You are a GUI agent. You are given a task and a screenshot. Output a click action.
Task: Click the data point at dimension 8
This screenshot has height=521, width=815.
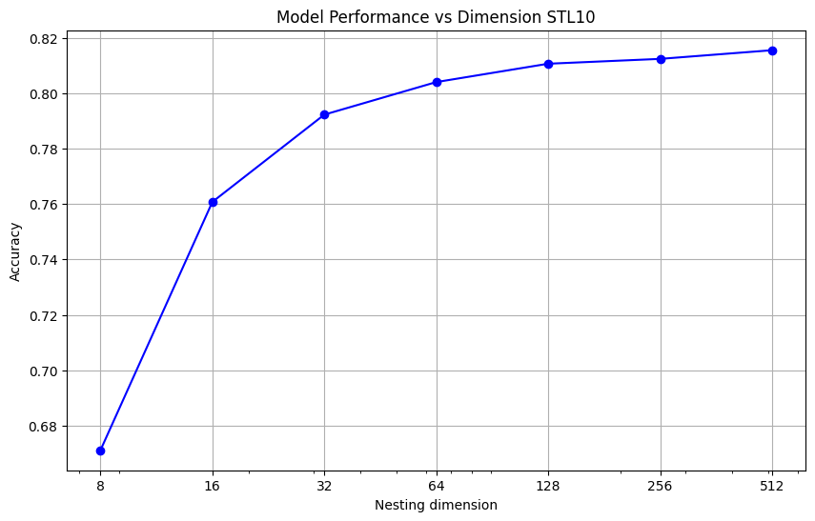pyautogui.click(x=100, y=451)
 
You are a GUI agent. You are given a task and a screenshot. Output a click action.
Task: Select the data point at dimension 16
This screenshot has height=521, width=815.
pyautogui.click(x=213, y=202)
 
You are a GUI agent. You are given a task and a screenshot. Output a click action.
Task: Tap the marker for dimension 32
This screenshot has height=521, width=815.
pyautogui.click(x=324, y=114)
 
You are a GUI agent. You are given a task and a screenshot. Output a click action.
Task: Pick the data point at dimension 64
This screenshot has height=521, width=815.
pyautogui.click(x=437, y=82)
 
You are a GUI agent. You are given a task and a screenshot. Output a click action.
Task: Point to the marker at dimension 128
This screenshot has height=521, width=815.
pyautogui.click(x=548, y=64)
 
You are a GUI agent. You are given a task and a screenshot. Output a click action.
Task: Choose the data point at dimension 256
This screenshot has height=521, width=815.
pyautogui.click(x=661, y=59)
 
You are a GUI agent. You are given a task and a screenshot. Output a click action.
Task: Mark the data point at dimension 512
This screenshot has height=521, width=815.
pyautogui.click(x=772, y=50)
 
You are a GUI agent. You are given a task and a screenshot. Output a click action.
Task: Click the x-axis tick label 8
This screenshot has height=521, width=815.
pyautogui.click(x=100, y=485)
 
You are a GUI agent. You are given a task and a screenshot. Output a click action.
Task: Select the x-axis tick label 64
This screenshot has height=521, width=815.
pyautogui.click(x=437, y=485)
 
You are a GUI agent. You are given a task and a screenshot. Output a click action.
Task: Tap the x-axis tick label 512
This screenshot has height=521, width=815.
pyautogui.click(x=772, y=485)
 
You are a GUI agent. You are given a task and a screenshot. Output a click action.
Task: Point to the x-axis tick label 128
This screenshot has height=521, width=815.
pyautogui.click(x=548, y=485)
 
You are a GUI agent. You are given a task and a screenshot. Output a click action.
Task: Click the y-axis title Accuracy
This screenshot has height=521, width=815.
pyautogui.click(x=14, y=252)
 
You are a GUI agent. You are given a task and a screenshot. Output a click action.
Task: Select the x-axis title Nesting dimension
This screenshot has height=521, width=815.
pyautogui.click(x=436, y=505)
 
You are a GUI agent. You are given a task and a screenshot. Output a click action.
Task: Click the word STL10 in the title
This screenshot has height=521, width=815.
pyautogui.click(x=570, y=17)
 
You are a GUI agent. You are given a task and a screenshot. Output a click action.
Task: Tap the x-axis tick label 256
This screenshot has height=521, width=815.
pyautogui.click(x=661, y=485)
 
